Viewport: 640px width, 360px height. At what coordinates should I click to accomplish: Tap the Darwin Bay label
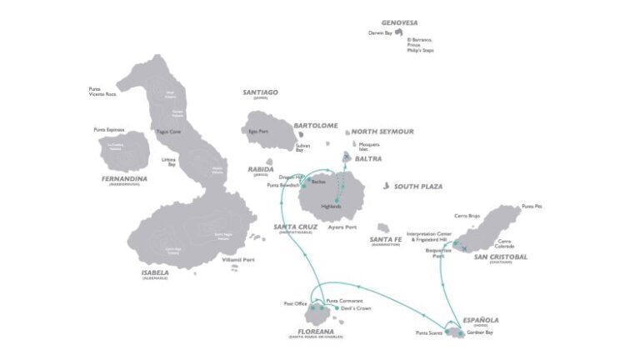(380, 33)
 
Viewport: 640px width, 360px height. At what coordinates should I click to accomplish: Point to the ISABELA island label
(156, 272)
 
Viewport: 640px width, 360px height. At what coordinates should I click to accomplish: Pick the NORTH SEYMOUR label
(382, 132)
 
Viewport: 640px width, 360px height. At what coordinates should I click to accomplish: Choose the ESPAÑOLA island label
(481, 319)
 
